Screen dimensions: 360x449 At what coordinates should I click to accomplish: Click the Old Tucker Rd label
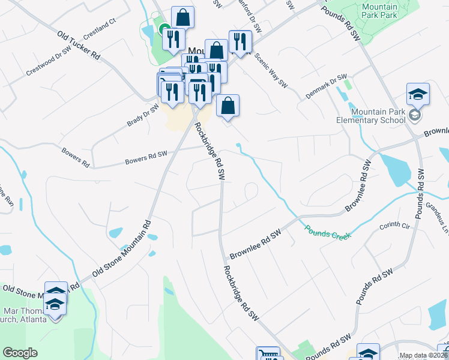coord(78,45)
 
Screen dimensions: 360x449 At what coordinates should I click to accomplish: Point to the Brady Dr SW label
coord(143,115)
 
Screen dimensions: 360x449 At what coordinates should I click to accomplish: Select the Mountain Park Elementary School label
coord(379,116)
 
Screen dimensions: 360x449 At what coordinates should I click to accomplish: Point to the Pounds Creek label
coord(328,231)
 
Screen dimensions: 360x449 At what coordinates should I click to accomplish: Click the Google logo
coord(20,353)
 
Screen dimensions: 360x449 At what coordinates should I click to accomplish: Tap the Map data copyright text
coord(423,355)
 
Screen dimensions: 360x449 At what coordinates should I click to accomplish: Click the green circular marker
coord(164,28)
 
